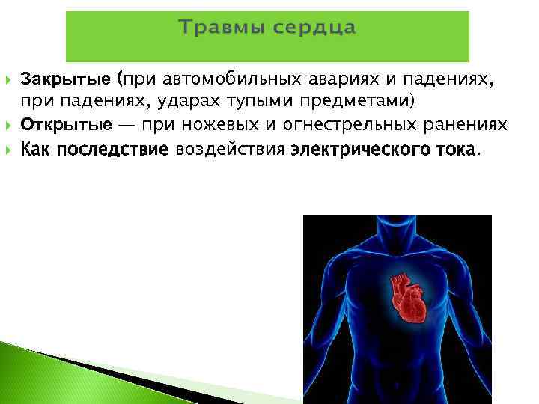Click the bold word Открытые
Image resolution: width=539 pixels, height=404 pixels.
click(x=67, y=123)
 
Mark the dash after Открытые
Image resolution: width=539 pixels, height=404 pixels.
click(x=128, y=123)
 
